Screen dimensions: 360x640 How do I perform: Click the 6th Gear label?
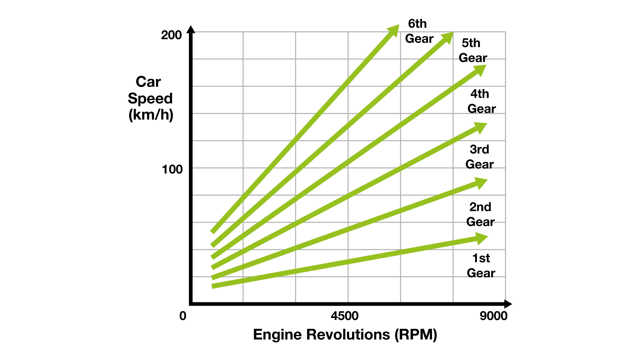(x=419, y=31)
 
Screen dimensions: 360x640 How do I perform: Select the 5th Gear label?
(x=472, y=51)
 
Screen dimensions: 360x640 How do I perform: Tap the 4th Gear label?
(x=481, y=101)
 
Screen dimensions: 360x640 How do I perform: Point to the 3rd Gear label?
(x=479, y=157)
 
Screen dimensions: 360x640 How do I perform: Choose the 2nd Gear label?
(x=480, y=214)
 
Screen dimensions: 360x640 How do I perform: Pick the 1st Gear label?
(x=481, y=266)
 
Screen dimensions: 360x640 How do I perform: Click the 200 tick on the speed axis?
(x=171, y=35)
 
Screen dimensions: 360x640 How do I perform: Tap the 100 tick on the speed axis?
(x=172, y=169)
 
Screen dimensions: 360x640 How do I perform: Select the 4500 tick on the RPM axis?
(x=345, y=316)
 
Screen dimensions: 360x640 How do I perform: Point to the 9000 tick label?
(x=493, y=316)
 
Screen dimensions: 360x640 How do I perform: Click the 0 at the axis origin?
(x=183, y=316)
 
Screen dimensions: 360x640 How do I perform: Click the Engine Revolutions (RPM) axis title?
(x=345, y=335)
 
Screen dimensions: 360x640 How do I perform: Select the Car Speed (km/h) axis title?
(x=150, y=98)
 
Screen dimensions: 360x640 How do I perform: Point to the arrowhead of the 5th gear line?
(x=447, y=37)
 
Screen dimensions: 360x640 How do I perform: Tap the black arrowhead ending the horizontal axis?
(x=508, y=304)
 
